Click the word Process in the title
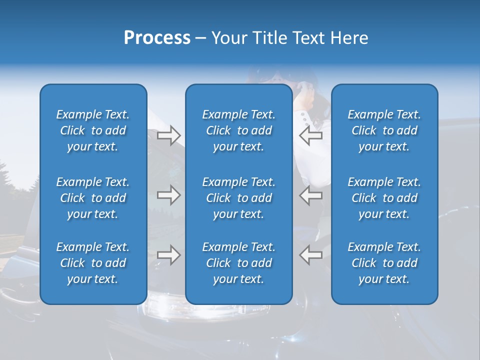click(x=157, y=38)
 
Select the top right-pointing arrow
click(x=168, y=135)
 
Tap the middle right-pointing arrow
click(x=168, y=195)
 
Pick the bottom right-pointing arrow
click(x=168, y=255)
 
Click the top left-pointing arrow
click(x=311, y=135)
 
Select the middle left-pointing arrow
click(x=311, y=195)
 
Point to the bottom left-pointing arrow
click(x=311, y=255)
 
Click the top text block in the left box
click(x=93, y=130)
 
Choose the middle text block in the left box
click(x=93, y=198)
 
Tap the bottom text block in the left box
click(x=93, y=263)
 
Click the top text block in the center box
click(x=238, y=130)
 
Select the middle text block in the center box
click(x=238, y=198)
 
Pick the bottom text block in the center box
click(x=238, y=263)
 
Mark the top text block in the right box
click(x=384, y=130)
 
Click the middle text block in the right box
click(x=384, y=198)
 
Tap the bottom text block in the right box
click(x=384, y=263)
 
